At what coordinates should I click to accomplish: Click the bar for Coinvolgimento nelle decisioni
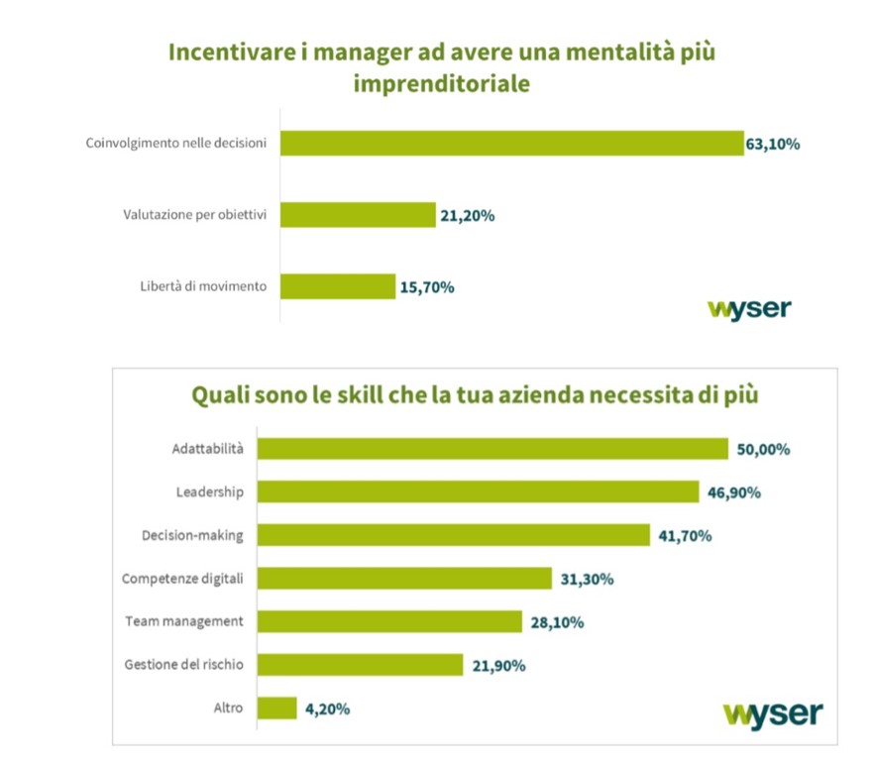click(511, 143)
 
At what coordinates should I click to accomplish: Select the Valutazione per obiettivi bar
click(358, 214)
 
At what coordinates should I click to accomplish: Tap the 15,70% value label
click(426, 287)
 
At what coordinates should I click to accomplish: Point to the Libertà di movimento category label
click(203, 287)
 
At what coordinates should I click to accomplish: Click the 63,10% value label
click(772, 144)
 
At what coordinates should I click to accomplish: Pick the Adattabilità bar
click(492, 449)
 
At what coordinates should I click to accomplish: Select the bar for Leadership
click(479, 491)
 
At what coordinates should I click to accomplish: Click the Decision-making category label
click(192, 535)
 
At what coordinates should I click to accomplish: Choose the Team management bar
click(389, 621)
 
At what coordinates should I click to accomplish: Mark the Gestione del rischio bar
click(360, 665)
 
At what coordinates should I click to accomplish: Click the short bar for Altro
click(277, 708)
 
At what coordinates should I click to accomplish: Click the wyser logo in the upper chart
click(749, 308)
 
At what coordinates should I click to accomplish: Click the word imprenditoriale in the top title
click(441, 84)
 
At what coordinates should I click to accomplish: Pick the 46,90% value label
click(733, 492)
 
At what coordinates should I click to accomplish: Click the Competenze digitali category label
click(183, 579)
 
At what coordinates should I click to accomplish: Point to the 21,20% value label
click(468, 215)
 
